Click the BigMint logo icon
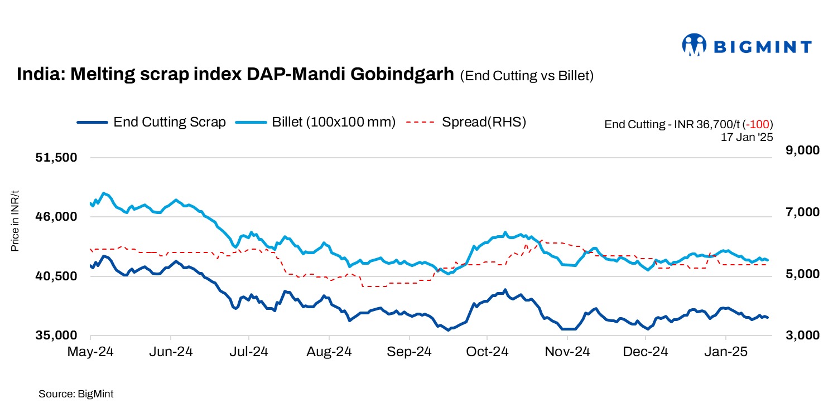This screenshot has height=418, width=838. point(695,46)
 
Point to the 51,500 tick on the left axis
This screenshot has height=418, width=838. point(56,158)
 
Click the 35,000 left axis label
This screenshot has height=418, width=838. point(56,336)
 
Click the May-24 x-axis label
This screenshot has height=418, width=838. point(90,352)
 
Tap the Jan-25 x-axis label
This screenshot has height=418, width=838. point(725,352)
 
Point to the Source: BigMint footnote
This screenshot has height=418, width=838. point(76,394)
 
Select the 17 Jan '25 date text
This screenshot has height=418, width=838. point(747,136)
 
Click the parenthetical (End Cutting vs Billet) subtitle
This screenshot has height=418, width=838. point(527,76)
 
